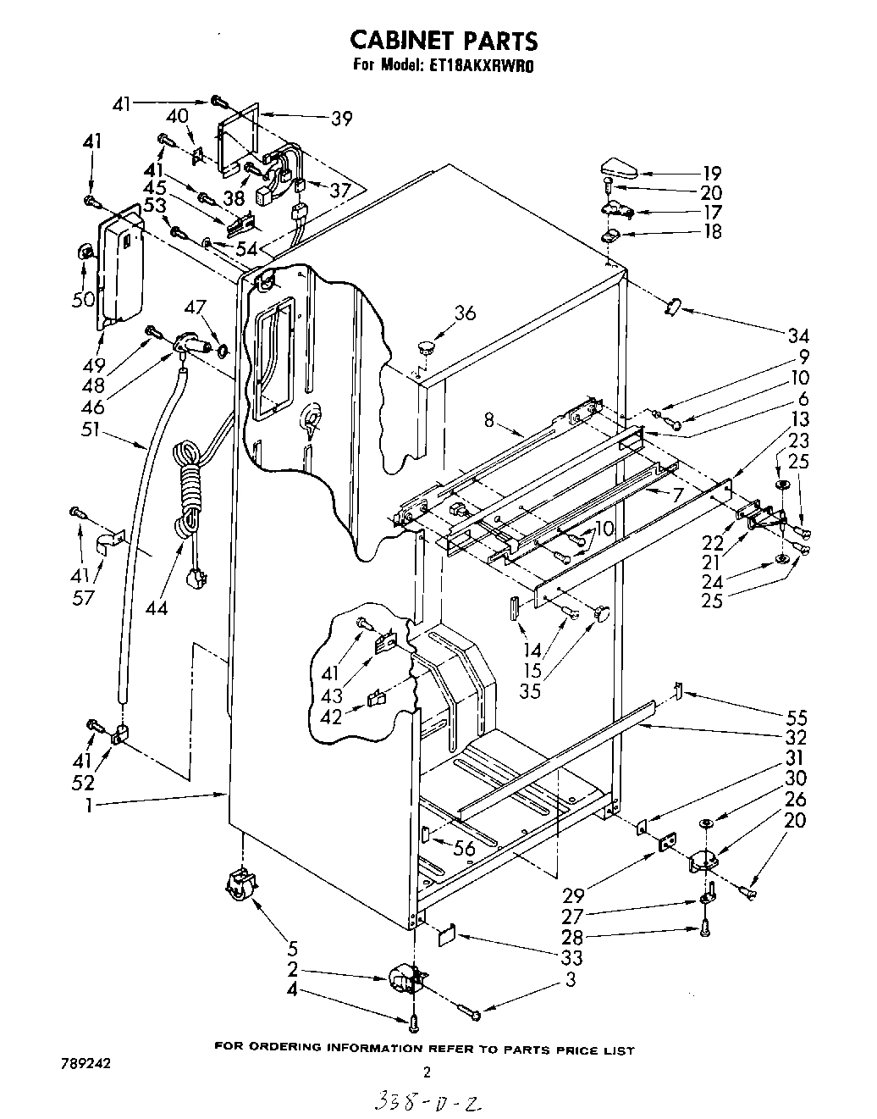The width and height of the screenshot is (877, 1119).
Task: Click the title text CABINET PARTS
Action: tap(444, 40)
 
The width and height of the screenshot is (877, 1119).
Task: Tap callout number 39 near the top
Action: tap(341, 119)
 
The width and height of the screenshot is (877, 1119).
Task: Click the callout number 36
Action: tap(465, 313)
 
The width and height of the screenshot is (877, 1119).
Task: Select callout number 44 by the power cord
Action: tap(156, 607)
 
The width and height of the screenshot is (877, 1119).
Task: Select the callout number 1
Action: tap(89, 806)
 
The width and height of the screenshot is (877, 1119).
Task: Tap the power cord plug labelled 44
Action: tap(197, 579)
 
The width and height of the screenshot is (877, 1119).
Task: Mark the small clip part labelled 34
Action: tap(675, 306)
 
